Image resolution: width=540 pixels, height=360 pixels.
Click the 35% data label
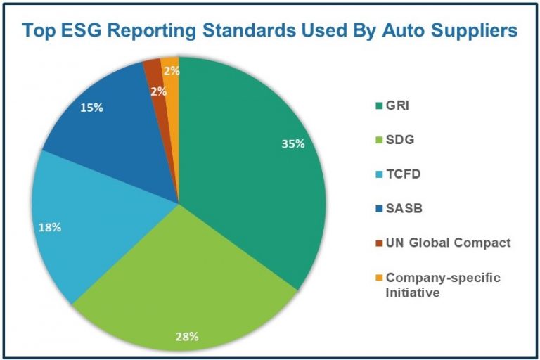click(292, 143)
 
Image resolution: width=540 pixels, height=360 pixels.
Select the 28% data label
click(187, 336)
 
